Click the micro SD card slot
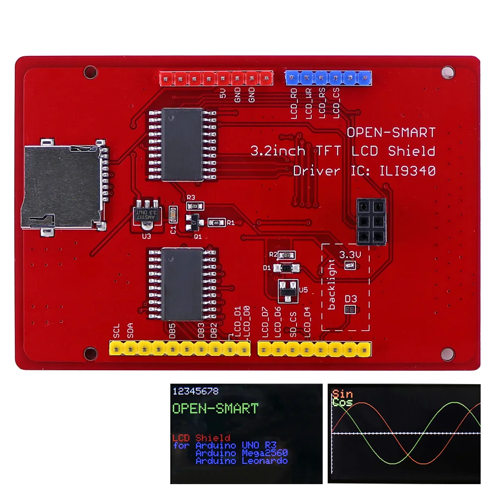62,186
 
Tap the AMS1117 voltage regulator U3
147,214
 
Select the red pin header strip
216,78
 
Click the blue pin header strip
328,78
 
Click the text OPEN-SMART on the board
391,133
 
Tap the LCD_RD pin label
295,104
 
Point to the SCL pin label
117,330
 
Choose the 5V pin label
223,93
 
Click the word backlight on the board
332,289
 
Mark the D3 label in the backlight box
351,299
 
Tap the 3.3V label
350,255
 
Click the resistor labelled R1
217,222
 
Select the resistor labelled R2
285,255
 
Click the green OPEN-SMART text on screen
215,408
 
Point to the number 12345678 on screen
196,391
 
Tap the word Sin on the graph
343,394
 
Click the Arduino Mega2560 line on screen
242,452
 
